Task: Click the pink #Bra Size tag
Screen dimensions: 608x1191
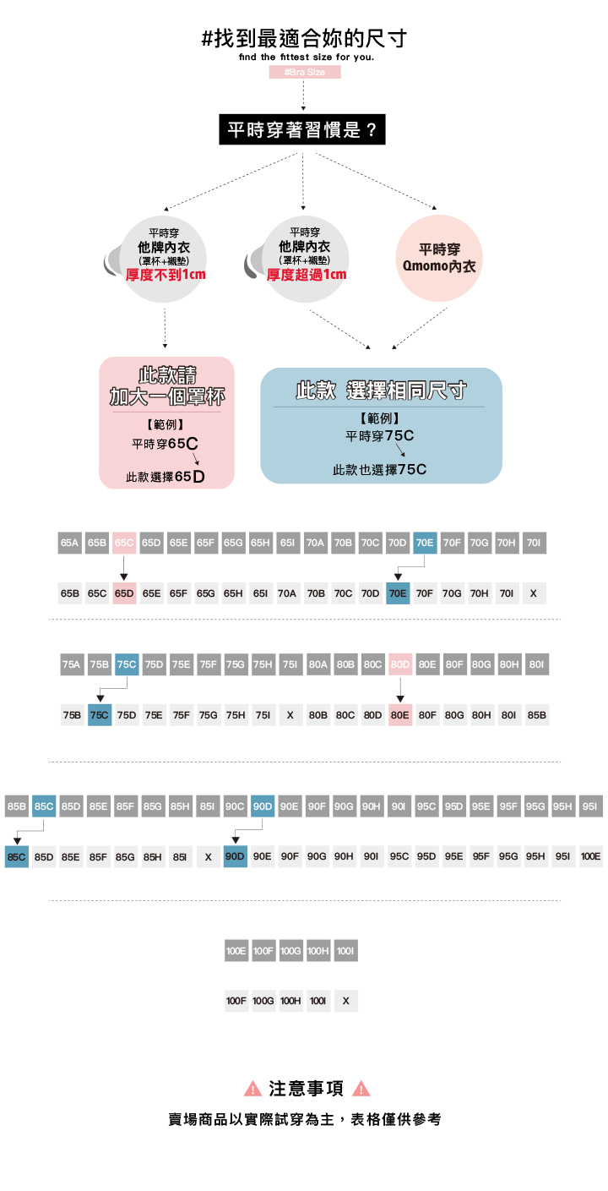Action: [305, 73]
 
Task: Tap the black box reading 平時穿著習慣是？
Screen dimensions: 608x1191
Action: [302, 130]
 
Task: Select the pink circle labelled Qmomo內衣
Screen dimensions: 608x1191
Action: [438, 258]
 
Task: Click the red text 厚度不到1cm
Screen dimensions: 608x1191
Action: [166, 275]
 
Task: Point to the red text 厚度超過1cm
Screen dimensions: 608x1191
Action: [307, 275]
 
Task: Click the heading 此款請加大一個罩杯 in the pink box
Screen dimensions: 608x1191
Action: [166, 385]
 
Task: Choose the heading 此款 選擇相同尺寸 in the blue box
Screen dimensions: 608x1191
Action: [381, 391]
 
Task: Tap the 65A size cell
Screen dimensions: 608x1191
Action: [70, 543]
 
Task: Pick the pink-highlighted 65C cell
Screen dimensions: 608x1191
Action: [124, 543]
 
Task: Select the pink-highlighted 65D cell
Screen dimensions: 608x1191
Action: [124, 593]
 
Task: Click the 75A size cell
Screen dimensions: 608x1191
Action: [72, 664]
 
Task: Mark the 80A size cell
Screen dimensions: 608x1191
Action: [318, 664]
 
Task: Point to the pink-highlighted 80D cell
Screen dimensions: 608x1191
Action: [399, 664]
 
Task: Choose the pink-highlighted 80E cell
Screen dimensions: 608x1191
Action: [399, 715]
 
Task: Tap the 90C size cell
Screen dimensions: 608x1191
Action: [236, 806]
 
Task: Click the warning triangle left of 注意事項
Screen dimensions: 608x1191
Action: [252, 1089]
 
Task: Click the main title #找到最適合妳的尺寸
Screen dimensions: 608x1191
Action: [305, 38]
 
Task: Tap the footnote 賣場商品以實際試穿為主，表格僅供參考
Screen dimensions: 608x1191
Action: [305, 1119]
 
